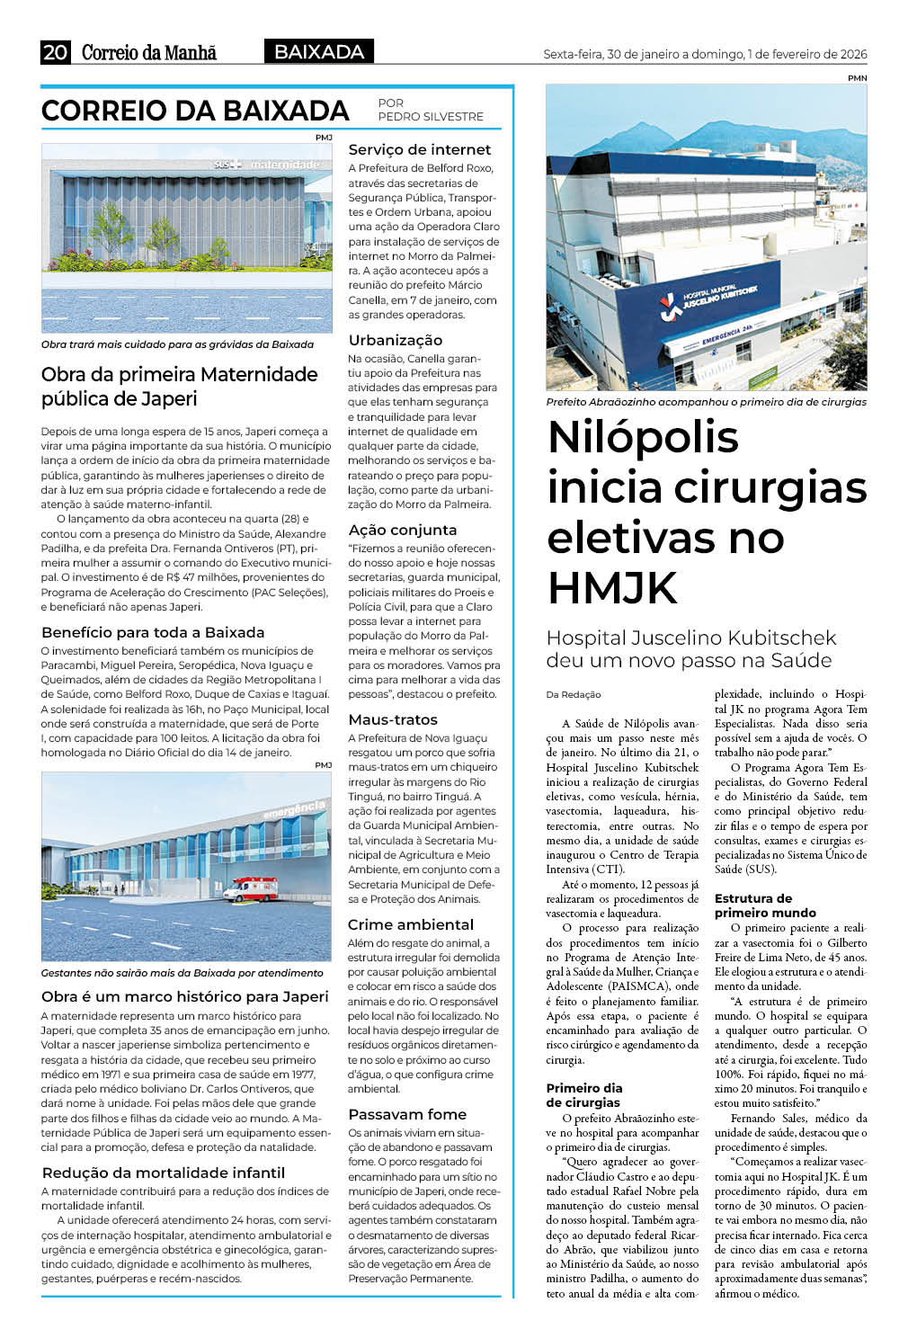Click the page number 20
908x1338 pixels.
[55, 53]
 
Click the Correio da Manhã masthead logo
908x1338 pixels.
[149, 53]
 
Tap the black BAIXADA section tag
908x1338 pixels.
[319, 52]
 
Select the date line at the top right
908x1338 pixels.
[705, 54]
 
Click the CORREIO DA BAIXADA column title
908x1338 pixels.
[195, 111]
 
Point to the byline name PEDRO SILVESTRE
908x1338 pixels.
[431, 117]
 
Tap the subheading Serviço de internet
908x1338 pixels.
[420, 150]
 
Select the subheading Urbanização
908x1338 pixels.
[396, 340]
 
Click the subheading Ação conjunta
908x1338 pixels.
[403, 530]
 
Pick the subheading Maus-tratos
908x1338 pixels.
[393, 719]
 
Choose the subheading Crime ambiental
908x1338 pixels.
[411, 924]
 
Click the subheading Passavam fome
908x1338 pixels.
[407, 1114]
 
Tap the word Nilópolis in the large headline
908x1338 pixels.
[643, 438]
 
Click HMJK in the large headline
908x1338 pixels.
[612, 588]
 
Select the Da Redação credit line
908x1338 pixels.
[574, 695]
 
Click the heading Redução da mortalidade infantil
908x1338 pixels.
[164, 1173]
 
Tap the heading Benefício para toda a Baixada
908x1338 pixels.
[153, 632]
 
